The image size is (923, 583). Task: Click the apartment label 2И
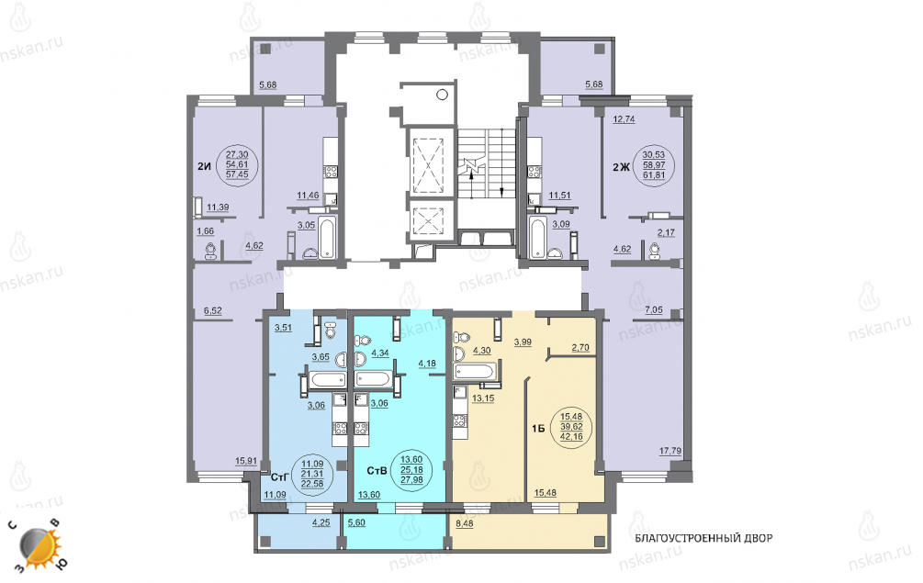point(204,166)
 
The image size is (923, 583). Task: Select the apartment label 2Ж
point(622,167)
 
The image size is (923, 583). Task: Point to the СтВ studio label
point(377,471)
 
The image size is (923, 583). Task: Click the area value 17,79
point(670,451)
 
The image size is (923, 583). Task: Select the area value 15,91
point(246,461)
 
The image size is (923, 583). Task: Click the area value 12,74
point(624,118)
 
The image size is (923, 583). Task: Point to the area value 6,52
point(212,310)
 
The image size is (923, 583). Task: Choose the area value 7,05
point(653,309)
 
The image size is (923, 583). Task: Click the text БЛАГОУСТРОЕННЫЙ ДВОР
point(704,538)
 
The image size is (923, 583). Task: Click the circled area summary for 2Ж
point(654,164)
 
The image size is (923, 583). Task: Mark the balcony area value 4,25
point(321,521)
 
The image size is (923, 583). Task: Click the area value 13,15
point(483,398)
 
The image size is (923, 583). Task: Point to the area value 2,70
point(580,347)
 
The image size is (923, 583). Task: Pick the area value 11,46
point(308,196)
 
